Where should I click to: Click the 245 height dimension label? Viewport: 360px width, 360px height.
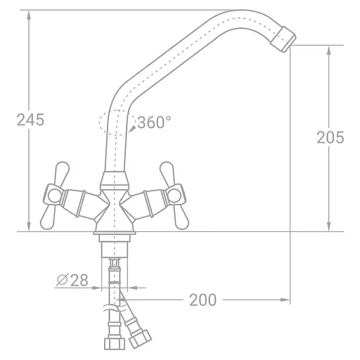coord(30,120)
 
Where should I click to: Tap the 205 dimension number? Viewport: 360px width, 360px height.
coord(330,137)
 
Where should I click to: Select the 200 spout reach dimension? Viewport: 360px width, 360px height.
coord(202,300)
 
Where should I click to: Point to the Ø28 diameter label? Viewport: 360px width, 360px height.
coord(72,280)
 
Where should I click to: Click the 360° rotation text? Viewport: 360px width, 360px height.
coord(154,122)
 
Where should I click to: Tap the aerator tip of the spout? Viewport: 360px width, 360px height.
coord(283,39)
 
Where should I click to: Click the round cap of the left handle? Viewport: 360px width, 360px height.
coord(54,195)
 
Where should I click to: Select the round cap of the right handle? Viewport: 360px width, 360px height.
coord(174,195)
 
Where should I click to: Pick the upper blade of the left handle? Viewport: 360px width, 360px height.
coord(62,173)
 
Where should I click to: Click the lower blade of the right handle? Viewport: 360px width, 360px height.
coord(181,216)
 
